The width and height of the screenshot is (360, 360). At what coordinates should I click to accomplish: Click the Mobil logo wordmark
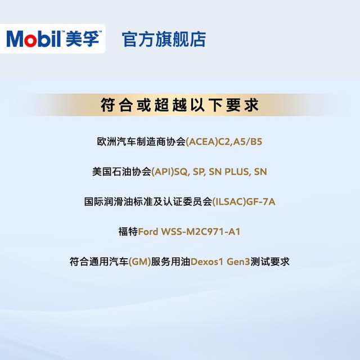point(34,39)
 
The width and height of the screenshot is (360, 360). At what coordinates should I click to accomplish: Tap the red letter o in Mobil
point(30,40)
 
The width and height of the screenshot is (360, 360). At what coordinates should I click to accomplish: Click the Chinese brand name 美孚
point(83,38)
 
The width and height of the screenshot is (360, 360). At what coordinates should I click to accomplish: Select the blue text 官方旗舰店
point(164,39)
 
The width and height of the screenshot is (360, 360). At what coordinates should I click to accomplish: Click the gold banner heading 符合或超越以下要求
point(180,105)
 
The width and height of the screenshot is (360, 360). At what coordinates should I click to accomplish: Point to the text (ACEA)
point(201,142)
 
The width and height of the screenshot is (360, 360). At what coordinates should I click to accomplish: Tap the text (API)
point(163,172)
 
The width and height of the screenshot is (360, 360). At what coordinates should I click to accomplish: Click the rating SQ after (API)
point(181,172)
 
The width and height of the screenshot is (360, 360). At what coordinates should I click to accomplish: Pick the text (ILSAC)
point(229,202)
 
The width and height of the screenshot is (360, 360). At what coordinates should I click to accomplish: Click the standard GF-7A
point(260,202)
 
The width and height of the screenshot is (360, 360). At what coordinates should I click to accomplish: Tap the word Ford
point(148,232)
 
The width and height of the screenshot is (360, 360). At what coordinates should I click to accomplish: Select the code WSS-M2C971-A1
point(201,232)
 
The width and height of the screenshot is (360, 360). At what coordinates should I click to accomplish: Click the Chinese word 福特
point(128,232)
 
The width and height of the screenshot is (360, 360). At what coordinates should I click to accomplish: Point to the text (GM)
point(139,262)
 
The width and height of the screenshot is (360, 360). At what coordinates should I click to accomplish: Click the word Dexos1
point(207,262)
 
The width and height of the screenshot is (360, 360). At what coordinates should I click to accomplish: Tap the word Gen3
point(238,262)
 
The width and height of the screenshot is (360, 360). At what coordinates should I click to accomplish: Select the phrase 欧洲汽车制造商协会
point(141,142)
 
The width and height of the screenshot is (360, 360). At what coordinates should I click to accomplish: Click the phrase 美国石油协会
point(121,172)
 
